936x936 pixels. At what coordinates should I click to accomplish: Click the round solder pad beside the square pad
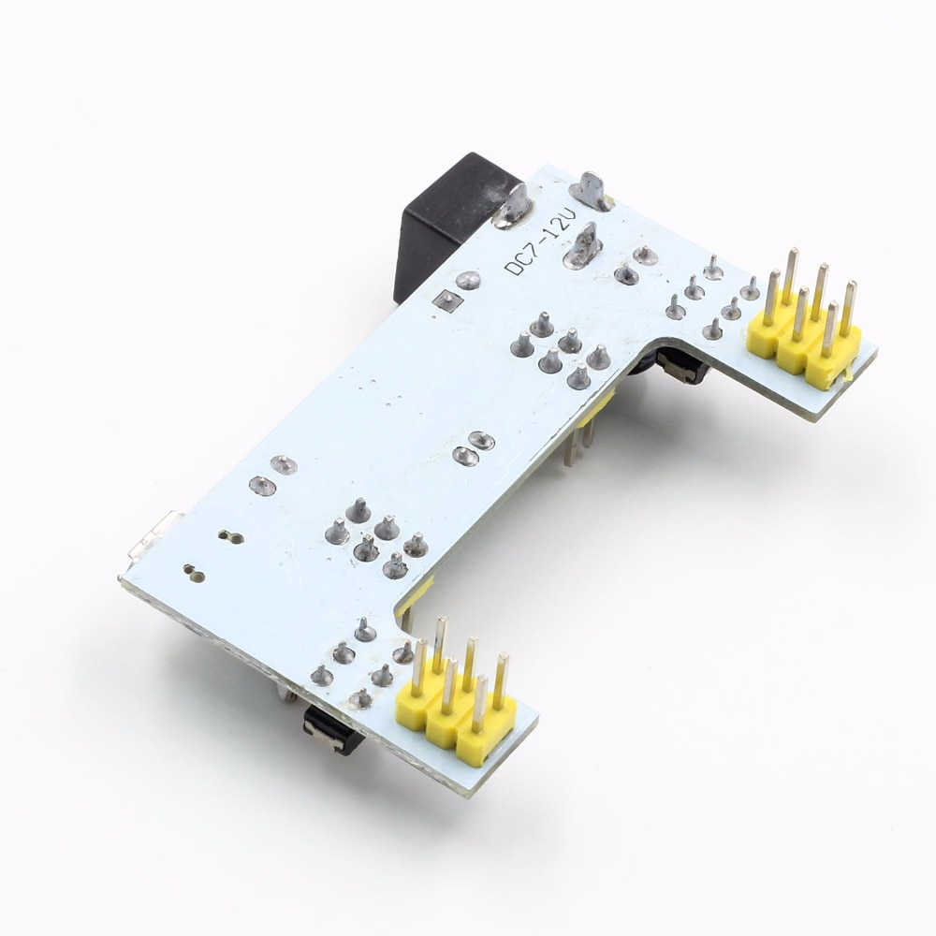[469, 280]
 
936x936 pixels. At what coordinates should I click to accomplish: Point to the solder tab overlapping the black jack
[513, 206]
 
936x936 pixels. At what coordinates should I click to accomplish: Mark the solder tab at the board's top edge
[591, 191]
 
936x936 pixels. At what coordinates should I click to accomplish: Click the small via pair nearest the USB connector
[230, 537]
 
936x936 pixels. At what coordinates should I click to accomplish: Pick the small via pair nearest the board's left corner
[194, 572]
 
